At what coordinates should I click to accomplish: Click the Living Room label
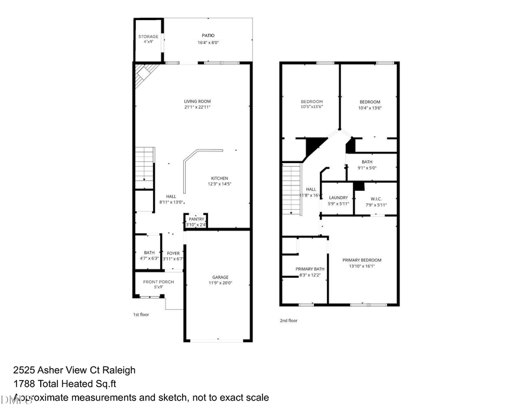pyautogui.click(x=197, y=101)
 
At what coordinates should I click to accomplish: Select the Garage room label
pyautogui.click(x=220, y=277)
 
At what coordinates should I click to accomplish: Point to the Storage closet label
pyautogui.click(x=148, y=37)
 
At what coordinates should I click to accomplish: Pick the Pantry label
pyautogui.click(x=196, y=219)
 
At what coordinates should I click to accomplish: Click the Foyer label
pyautogui.click(x=173, y=252)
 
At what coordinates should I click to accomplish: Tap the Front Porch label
pyautogui.click(x=158, y=282)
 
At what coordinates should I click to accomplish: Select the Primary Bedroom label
pyautogui.click(x=362, y=260)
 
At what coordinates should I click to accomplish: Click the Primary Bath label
pyautogui.click(x=310, y=269)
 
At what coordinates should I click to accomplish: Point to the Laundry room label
pyautogui.click(x=339, y=197)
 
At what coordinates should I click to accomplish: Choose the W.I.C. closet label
pyautogui.click(x=376, y=197)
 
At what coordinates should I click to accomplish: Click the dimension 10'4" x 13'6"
pyautogui.click(x=370, y=108)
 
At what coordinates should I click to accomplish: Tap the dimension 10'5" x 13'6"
pyautogui.click(x=312, y=108)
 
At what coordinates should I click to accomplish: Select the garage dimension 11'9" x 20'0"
pyautogui.click(x=220, y=283)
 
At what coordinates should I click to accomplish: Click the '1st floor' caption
pyautogui.click(x=141, y=314)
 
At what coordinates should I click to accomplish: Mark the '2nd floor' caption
pyautogui.click(x=288, y=320)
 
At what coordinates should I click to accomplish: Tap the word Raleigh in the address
pyautogui.click(x=120, y=370)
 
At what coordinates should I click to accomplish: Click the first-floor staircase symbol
pyautogui.click(x=145, y=164)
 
